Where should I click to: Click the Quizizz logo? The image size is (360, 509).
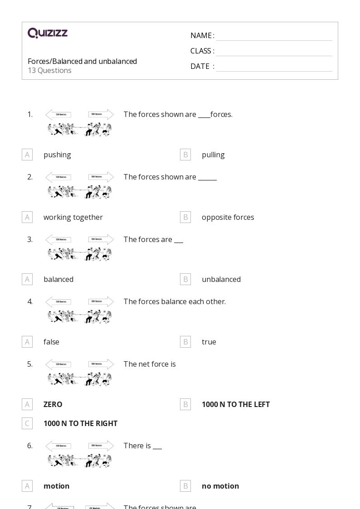coord(48,33)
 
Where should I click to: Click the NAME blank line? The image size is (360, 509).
coord(274,36)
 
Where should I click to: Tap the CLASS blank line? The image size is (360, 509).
coord(274,52)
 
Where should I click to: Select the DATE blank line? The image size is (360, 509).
coord(274,67)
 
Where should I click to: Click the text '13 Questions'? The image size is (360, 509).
coord(49,71)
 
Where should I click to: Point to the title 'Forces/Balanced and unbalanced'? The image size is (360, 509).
coord(82,61)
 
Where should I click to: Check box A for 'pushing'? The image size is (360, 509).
coord(27,155)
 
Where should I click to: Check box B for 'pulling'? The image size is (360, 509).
coord(185,155)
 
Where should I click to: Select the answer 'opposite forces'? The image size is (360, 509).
coord(228,217)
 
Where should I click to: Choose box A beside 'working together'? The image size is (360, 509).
coord(27,217)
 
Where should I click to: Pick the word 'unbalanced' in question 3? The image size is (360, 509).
coord(221,279)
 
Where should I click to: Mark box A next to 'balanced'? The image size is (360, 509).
coord(27,279)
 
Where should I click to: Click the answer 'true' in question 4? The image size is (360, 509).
coord(209,342)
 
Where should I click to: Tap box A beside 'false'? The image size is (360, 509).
coord(27,342)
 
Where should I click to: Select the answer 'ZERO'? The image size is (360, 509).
coord(53,404)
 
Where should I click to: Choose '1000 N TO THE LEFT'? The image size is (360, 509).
coord(235,404)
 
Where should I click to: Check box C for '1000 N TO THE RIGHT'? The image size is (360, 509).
coord(27,423)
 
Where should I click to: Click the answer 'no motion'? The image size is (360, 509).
coord(220,486)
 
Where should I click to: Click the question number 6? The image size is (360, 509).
coord(30,446)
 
